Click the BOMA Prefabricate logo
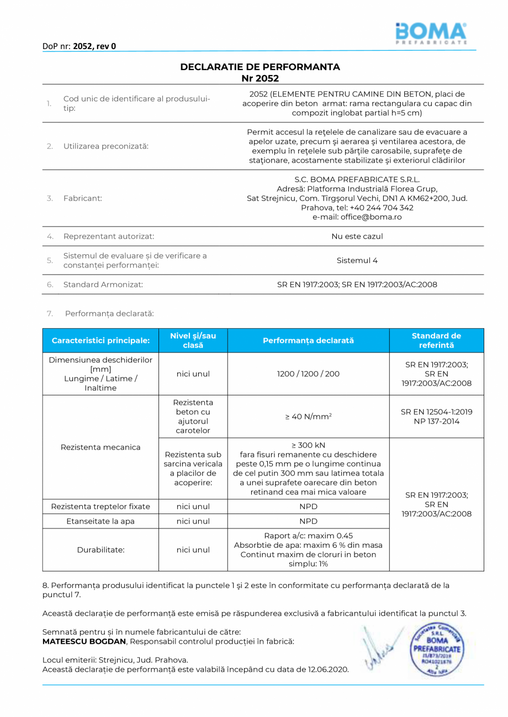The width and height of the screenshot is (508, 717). (x=431, y=33)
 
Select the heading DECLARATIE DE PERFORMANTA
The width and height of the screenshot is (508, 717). (x=260, y=67)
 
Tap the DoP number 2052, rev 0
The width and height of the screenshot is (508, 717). (x=94, y=46)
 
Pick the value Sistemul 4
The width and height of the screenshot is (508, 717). (x=357, y=260)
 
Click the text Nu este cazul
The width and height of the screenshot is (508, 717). (x=357, y=236)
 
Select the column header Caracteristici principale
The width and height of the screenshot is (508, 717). (x=100, y=340)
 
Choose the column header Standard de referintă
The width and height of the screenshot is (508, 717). (x=436, y=340)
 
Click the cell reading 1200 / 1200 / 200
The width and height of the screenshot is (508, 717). (x=308, y=373)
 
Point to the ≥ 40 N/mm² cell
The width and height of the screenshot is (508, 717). (x=308, y=416)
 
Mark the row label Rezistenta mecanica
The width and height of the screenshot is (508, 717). (x=100, y=447)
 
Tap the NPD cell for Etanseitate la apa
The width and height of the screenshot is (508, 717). (x=308, y=521)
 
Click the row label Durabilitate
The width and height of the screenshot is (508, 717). (x=100, y=549)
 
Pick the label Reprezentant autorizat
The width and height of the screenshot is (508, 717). (x=109, y=236)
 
